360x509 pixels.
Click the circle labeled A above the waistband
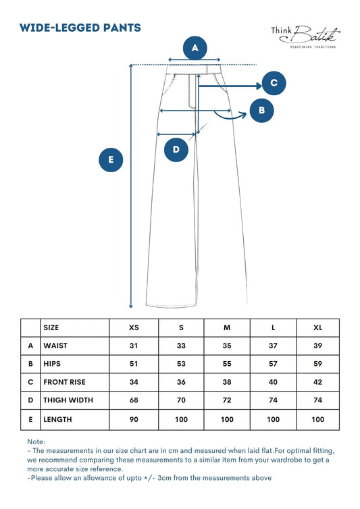pyautogui.click(x=195, y=48)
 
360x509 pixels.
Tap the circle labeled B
pyautogui.click(x=261, y=110)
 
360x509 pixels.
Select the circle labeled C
pyautogui.click(x=274, y=83)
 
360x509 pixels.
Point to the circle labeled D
pyautogui.click(x=176, y=149)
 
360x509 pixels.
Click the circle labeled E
pyautogui.click(x=111, y=160)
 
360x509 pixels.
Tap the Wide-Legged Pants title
pyautogui.click(x=80, y=28)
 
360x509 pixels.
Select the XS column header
pyautogui.click(x=134, y=327)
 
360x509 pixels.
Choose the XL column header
pyautogui.click(x=317, y=327)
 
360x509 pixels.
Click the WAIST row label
pyautogui.click(x=55, y=346)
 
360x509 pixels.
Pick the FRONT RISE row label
pyautogui.click(x=64, y=382)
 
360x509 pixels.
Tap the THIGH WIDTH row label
pyautogui.click(x=68, y=400)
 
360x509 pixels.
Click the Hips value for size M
pyautogui.click(x=226, y=364)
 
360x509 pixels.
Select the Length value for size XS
pyautogui.click(x=134, y=419)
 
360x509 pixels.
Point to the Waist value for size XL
pyautogui.click(x=317, y=346)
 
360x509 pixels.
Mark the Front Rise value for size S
pyautogui.click(x=180, y=382)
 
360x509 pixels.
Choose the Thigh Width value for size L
pyautogui.click(x=273, y=400)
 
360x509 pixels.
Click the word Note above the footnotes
pyautogui.click(x=36, y=441)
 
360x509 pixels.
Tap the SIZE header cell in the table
pyautogui.click(x=51, y=327)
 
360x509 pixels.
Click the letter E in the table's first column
pyautogui.click(x=30, y=419)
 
